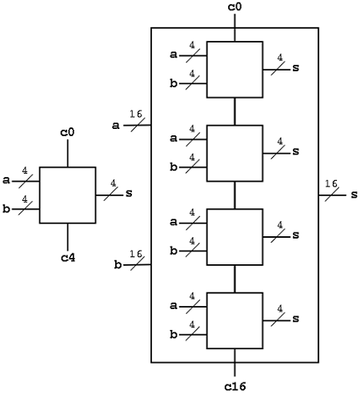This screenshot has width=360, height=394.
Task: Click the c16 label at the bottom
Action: [234, 386]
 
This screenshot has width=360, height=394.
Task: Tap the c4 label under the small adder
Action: [68, 257]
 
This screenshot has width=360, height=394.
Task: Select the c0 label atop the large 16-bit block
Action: [234, 7]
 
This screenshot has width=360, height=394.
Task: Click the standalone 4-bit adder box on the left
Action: [68, 195]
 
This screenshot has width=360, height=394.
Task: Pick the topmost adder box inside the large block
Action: [234, 69]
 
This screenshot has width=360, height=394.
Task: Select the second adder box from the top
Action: [234, 153]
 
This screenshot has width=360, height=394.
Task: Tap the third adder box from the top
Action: [234, 236]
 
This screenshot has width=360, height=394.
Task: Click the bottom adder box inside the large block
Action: [234, 320]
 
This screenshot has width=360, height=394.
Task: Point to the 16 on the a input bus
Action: [136, 115]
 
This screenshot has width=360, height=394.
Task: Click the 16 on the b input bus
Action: [136, 254]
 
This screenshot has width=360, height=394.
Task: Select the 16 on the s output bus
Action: [330, 184]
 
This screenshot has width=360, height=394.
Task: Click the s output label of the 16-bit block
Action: [353, 195]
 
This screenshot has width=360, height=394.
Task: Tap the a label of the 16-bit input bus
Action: [118, 125]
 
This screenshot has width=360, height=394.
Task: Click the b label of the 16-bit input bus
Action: [118, 264]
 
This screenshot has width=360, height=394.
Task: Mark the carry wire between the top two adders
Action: [234, 111]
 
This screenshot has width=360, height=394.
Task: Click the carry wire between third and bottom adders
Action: [234, 279]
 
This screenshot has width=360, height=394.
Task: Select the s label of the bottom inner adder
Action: [295, 319]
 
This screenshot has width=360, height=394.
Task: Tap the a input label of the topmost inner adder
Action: [174, 54]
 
